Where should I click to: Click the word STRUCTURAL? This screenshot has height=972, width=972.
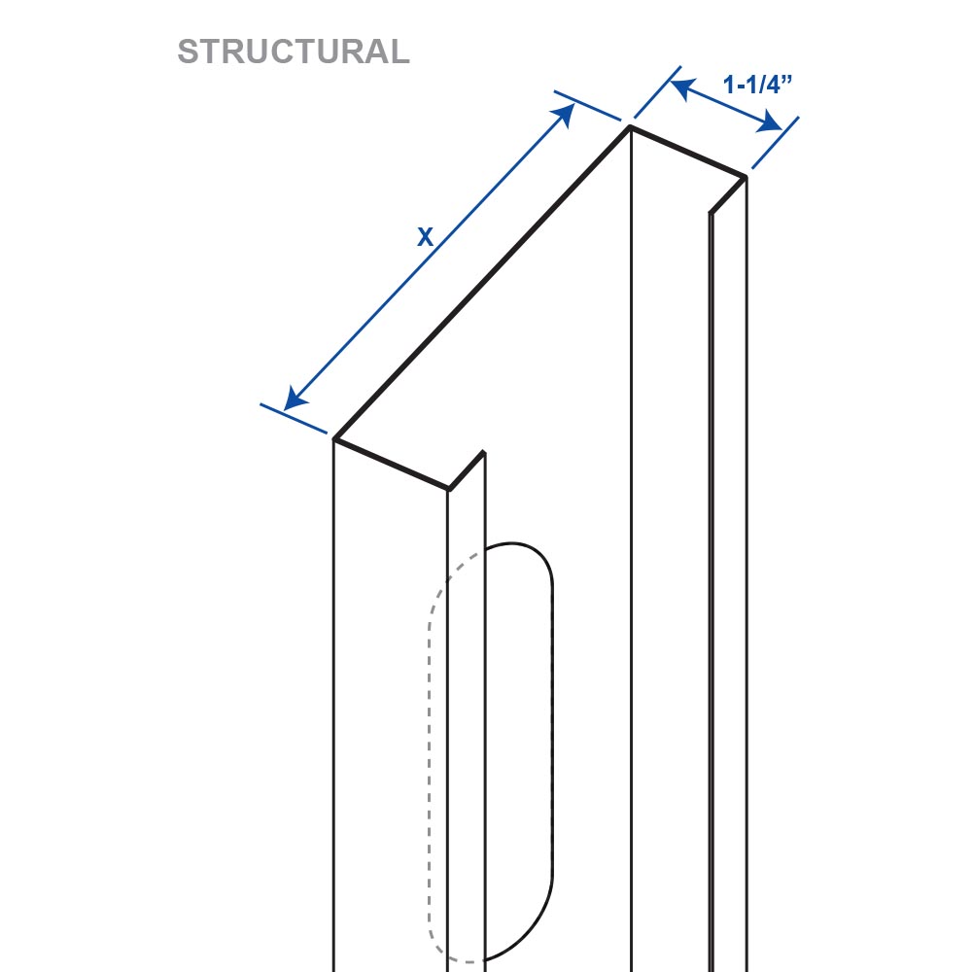coord(294,52)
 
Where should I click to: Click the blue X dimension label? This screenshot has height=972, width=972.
coord(426,237)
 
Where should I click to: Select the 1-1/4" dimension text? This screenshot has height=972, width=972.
coord(757,85)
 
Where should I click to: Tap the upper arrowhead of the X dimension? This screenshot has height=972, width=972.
coord(564,115)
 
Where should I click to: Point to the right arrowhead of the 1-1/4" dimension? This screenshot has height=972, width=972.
coord(769,122)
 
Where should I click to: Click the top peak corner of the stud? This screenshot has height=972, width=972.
coord(630,127)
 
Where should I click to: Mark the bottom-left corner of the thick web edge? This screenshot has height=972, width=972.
coord(334,439)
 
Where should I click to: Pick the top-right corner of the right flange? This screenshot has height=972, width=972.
coord(746,177)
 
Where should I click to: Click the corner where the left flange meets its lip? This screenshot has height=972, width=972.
coord(448,489)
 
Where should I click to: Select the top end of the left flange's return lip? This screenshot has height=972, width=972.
coord(483,453)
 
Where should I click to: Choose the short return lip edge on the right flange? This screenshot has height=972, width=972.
coord(728,195)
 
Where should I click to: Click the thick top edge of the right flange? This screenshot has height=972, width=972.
coord(687,152)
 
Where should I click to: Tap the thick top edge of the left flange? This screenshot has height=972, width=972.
coord(391,464)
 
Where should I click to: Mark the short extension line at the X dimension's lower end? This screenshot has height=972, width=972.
coord(294,418)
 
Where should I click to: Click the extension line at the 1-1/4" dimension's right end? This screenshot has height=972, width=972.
coord(775,143)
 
